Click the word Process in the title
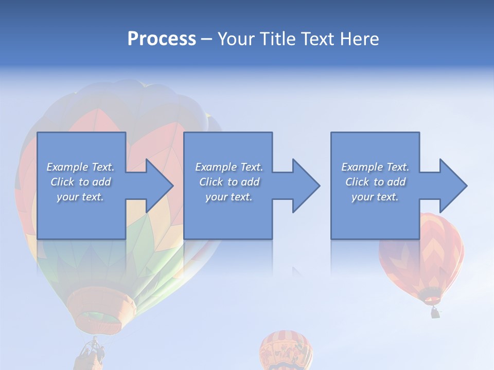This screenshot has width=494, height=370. point(162,39)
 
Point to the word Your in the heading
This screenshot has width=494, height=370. point(237,39)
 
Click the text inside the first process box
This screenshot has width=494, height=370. point(80,182)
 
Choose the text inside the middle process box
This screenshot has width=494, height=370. point(228,182)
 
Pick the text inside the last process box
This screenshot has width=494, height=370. point(375,182)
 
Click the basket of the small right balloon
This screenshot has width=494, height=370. point(435,312)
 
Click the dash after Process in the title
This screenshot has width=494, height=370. point(206,40)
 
